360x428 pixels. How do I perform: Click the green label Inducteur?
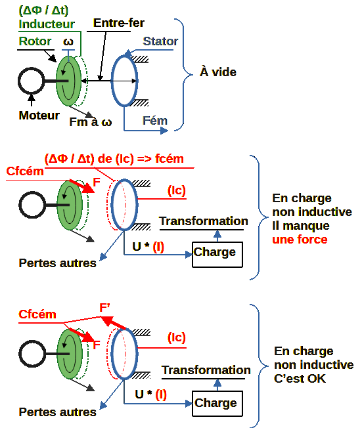[x=47, y=24]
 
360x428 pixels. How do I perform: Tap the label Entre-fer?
[x=118, y=23]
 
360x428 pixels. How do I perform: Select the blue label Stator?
[x=160, y=41]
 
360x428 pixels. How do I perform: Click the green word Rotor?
[x=35, y=41]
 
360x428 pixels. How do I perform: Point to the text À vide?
[x=218, y=72]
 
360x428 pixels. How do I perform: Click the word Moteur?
[x=39, y=116]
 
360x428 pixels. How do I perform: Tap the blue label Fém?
[x=155, y=121]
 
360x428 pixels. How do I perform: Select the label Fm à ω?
[x=91, y=122]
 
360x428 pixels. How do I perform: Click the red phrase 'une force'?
[x=300, y=240]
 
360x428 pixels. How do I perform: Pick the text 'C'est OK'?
[x=300, y=379]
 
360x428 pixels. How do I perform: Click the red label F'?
[x=104, y=308]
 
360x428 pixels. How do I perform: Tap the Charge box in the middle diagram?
[x=217, y=255]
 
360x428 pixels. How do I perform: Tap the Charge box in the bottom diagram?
[x=217, y=404]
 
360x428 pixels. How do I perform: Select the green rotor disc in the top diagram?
[x=68, y=81]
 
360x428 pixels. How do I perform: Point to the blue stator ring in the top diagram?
[x=112, y=81]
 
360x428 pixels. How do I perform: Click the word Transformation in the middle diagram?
[x=204, y=221]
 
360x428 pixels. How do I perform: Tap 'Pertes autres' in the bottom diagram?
[x=57, y=412]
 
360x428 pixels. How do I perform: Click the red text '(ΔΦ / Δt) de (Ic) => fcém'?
[x=114, y=159]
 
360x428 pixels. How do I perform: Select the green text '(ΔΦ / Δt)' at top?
[x=43, y=11]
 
